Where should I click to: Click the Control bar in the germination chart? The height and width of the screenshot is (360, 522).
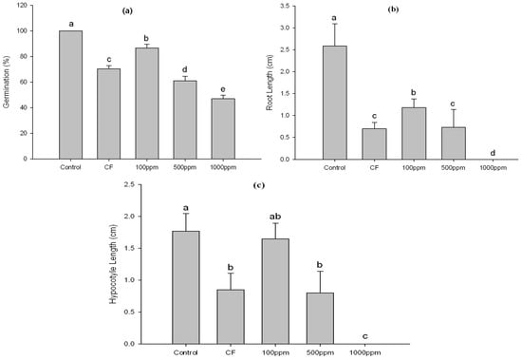coord(70,94)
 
